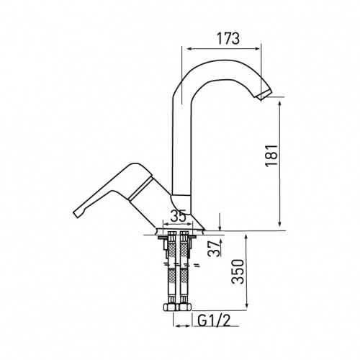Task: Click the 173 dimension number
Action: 228,38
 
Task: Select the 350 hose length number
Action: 238,271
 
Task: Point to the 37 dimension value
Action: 215,249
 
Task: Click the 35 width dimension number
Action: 178,216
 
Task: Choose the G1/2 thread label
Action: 215,320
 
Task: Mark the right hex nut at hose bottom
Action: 184,307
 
